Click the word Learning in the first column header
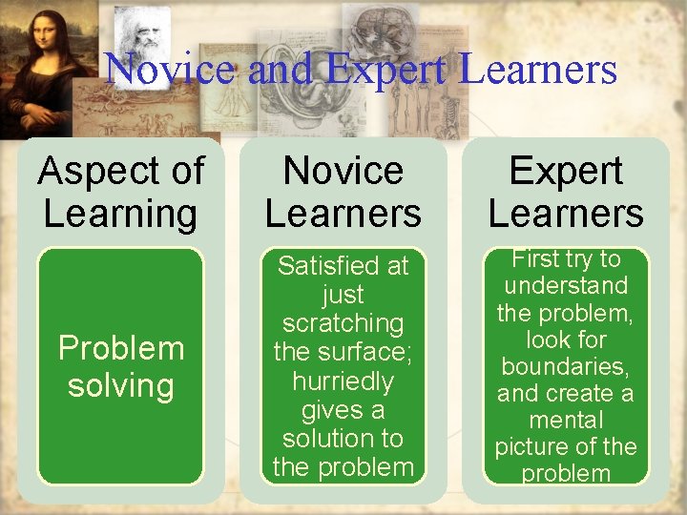coord(120,213)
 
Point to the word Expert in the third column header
coord(566,172)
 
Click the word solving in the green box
coord(121,386)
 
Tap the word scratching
coord(343,323)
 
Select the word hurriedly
coord(343,381)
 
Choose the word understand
coord(566,286)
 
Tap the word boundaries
coord(566,366)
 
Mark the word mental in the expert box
coord(566,420)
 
